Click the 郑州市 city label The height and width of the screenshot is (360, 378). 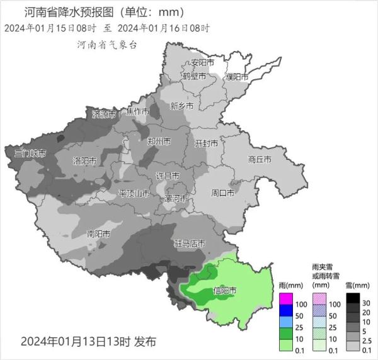(158, 142)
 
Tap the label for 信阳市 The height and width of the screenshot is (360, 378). (225, 291)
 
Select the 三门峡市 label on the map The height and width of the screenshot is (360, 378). (30, 153)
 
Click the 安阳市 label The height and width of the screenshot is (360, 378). (202, 63)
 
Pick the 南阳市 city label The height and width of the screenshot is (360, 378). (98, 234)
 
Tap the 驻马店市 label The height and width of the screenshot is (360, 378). (190, 243)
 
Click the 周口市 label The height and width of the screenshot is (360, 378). (222, 193)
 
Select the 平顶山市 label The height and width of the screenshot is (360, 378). (134, 193)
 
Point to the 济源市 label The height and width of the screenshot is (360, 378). (104, 115)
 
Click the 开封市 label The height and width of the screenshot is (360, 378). (206, 143)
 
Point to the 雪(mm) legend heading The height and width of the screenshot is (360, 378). (357, 285)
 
